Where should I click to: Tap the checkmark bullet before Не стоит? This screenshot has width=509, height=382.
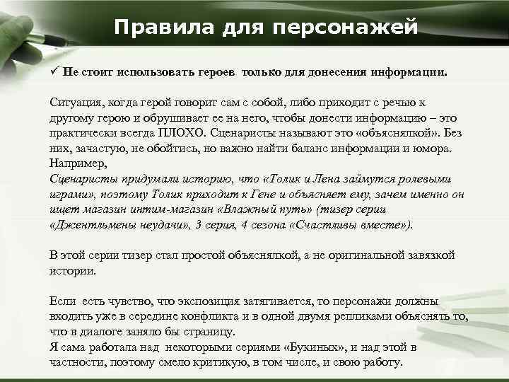point(54,71)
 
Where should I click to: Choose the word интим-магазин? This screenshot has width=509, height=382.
point(182,209)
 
